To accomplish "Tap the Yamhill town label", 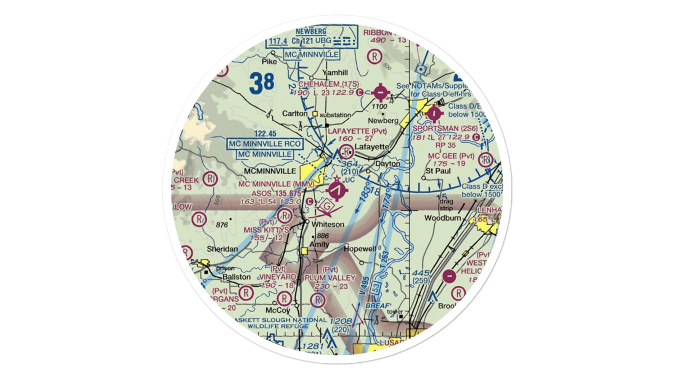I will pos(335,73).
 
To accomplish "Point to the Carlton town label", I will pos(295,113).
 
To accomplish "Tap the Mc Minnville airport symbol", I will pos(336,191).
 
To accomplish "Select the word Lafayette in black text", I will pos(371,147).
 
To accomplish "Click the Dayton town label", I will pos(388,164).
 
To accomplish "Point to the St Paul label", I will pos(436,170).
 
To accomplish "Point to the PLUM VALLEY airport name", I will pos(330,277).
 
